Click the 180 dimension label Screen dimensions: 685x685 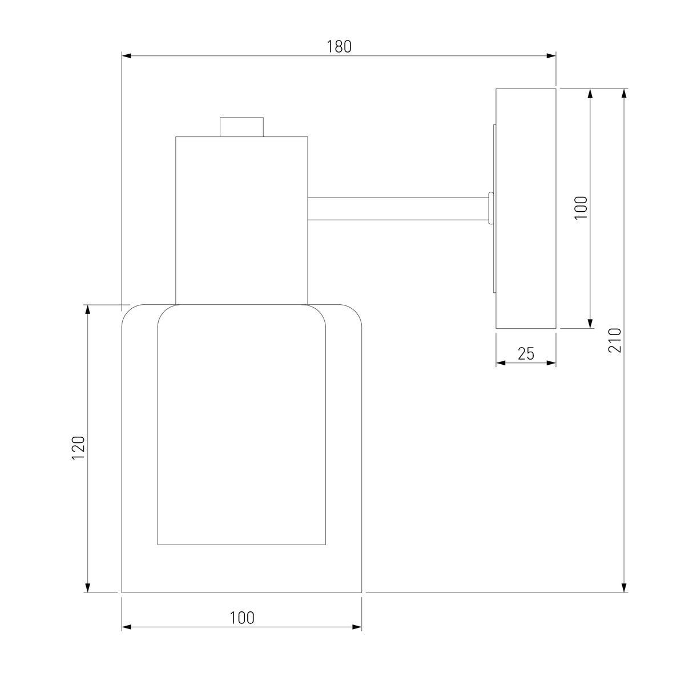tap(339, 47)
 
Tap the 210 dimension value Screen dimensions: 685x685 tap(615, 340)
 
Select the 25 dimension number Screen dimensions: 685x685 tap(526, 354)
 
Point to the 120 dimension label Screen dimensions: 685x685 tap(79, 448)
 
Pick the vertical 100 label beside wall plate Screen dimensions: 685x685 tap(581, 208)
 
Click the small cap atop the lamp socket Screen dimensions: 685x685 tap(241, 127)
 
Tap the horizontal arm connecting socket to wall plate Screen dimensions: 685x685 tap(398, 209)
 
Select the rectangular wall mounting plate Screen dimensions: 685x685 tap(526, 208)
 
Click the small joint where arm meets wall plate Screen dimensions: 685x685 tap(491, 209)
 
